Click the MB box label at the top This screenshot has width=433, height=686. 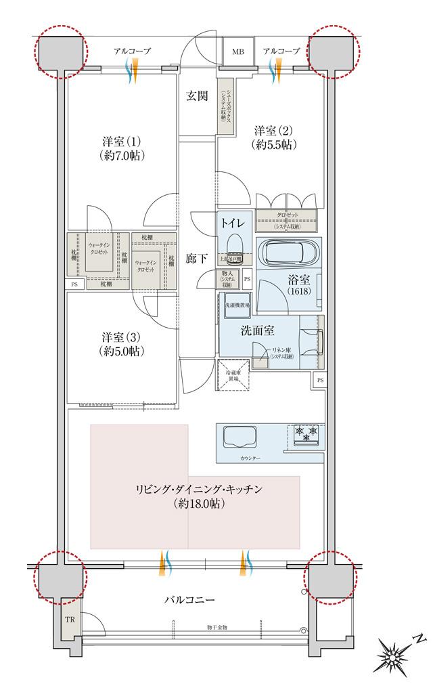click(x=239, y=51)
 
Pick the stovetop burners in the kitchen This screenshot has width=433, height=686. click(x=306, y=433)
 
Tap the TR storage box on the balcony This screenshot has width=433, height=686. click(x=69, y=620)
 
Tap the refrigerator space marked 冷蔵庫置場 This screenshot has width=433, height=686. click(x=232, y=375)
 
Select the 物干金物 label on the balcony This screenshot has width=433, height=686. click(x=216, y=628)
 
